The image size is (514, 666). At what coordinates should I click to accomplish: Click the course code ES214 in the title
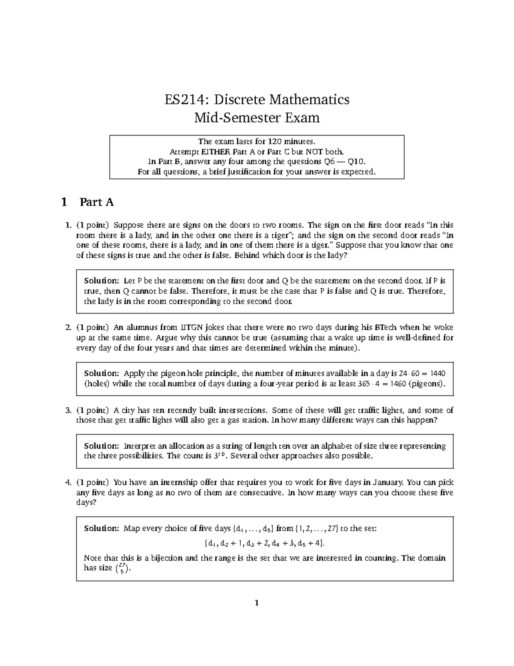[x=187, y=99]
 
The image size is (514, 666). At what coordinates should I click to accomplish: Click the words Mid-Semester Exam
[x=257, y=118]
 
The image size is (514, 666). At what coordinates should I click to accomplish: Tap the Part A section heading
[x=96, y=202]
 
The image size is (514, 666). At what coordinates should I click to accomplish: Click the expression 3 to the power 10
[x=219, y=455]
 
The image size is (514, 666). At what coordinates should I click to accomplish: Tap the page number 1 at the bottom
[x=257, y=603]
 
